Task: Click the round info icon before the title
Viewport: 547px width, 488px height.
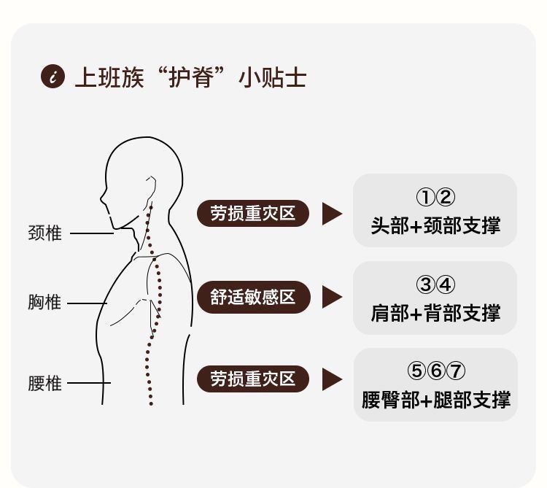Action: (x=52, y=76)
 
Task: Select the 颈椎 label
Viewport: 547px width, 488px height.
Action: (x=44, y=233)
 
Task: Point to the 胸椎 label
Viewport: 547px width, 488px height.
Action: (x=44, y=302)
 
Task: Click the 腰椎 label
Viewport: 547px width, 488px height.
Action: (x=44, y=383)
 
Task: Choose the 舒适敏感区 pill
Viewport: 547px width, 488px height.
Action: (x=253, y=297)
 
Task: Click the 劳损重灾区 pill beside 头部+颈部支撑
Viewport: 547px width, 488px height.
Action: (x=253, y=213)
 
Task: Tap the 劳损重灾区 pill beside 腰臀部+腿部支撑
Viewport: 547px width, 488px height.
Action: (x=253, y=379)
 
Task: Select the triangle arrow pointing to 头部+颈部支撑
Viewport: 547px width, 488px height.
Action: (x=332, y=213)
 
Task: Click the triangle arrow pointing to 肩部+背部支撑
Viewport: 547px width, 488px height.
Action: (x=332, y=297)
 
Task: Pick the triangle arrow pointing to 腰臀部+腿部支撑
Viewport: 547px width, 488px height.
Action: (x=332, y=379)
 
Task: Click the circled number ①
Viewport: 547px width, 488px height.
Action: (x=425, y=197)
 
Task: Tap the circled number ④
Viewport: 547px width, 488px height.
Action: (x=446, y=284)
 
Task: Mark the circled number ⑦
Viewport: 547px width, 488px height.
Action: (x=456, y=371)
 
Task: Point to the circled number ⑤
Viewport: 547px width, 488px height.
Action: (x=416, y=371)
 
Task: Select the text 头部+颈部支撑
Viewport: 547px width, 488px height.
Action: (x=435, y=225)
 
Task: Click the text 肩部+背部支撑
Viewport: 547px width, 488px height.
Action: (x=435, y=313)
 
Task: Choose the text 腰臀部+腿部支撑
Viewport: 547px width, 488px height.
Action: (x=435, y=400)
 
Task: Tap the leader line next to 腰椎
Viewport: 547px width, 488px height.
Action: (x=89, y=383)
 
